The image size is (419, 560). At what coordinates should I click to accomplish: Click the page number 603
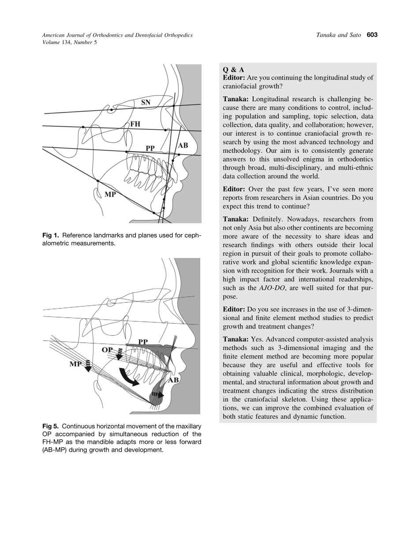coord(372,35)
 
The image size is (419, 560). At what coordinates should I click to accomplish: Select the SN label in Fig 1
coord(146,103)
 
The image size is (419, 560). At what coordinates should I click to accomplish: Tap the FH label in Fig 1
coord(135,125)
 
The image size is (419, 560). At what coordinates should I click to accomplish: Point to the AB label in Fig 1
coord(183,145)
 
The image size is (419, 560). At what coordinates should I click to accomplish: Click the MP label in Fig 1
coord(109,194)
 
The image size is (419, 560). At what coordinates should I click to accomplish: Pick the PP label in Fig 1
coord(150,148)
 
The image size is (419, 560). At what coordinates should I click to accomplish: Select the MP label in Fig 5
coord(76,364)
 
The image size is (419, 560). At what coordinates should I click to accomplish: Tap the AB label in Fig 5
coord(173,380)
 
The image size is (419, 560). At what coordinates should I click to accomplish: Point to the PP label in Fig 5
coord(143,342)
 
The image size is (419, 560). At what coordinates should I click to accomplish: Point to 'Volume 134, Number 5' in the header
coord(69,43)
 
